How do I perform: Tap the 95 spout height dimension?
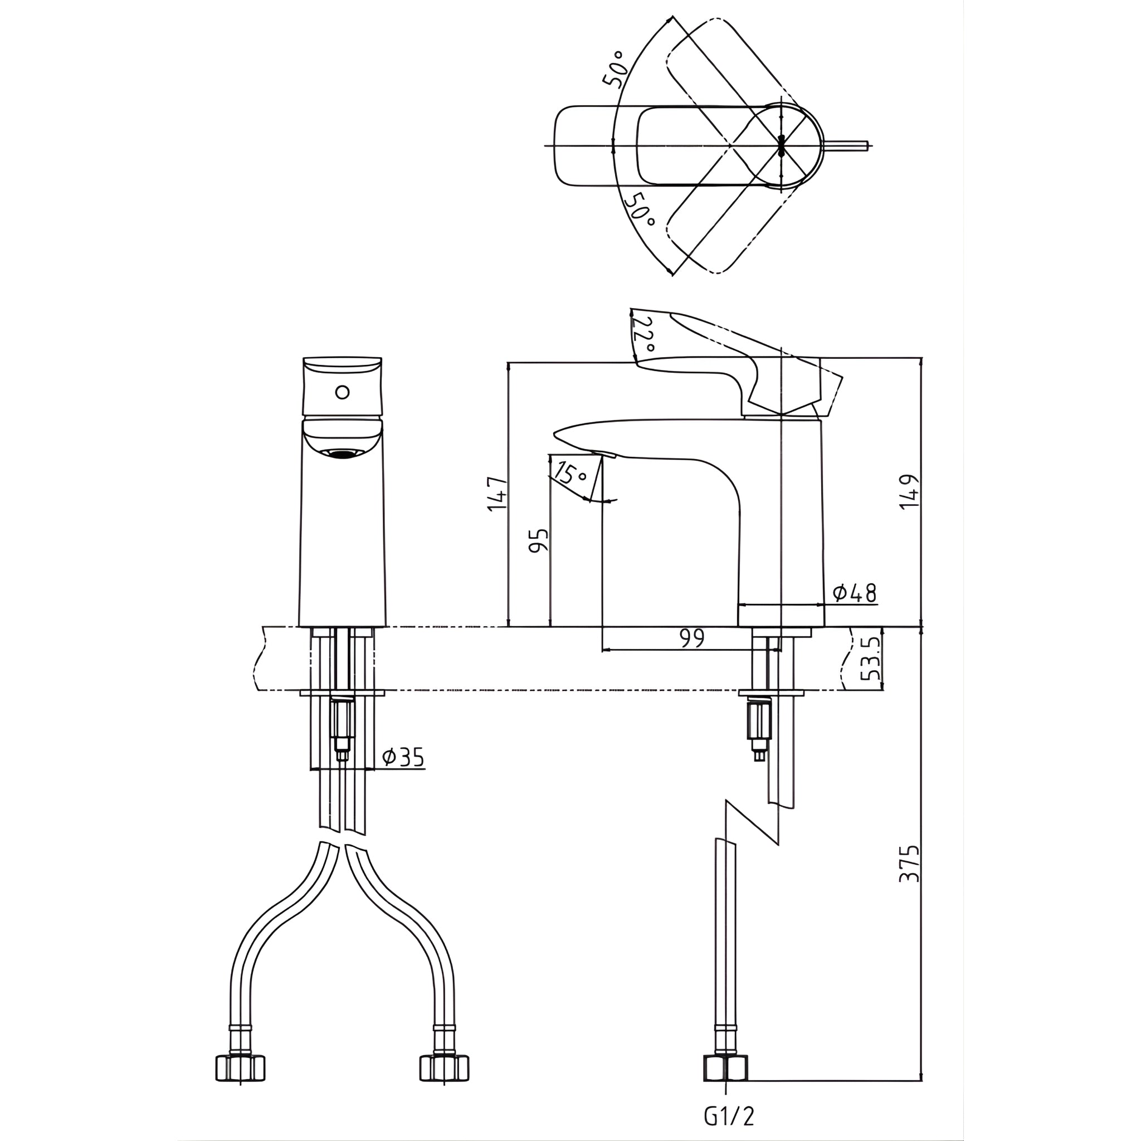(539, 540)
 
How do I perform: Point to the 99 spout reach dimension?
(692, 638)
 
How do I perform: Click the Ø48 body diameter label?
(854, 592)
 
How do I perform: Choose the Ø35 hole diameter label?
(403, 758)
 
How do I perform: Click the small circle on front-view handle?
(342, 392)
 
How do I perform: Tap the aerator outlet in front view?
(344, 454)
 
